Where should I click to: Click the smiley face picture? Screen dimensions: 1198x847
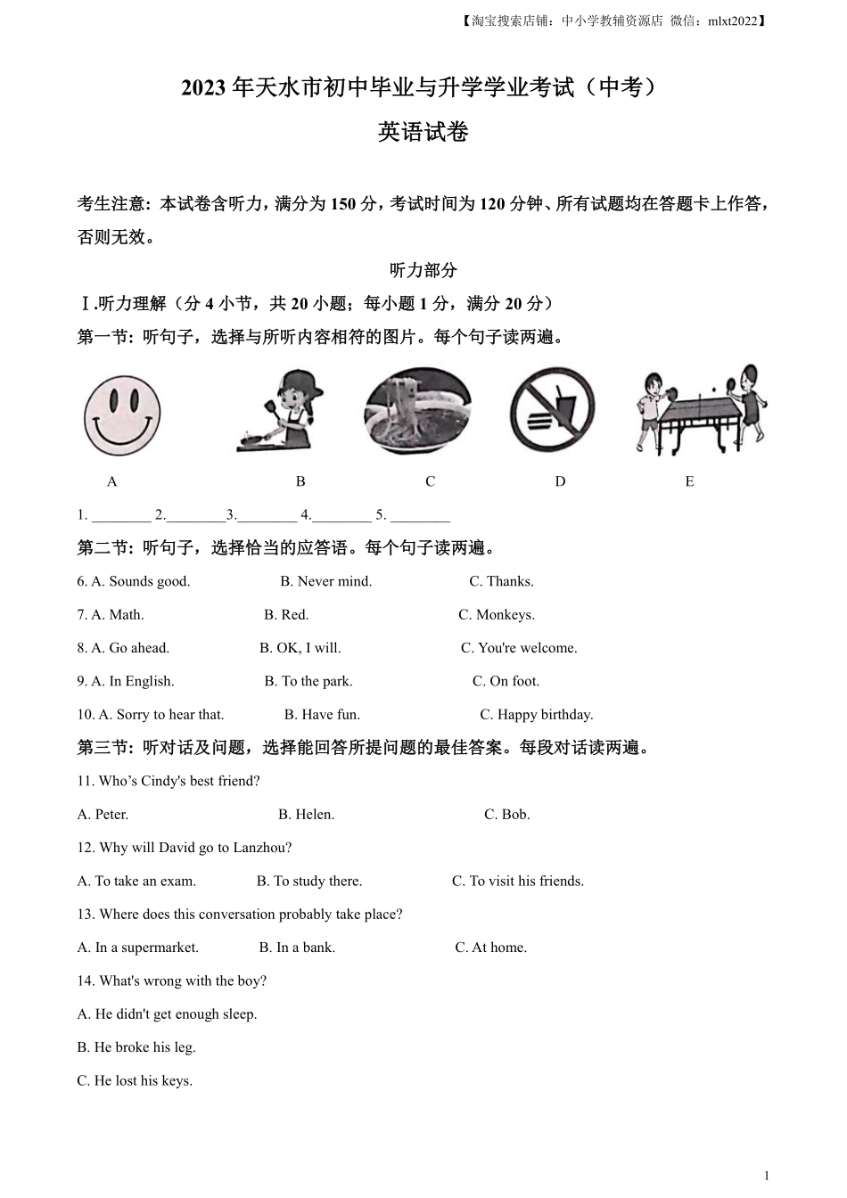122,415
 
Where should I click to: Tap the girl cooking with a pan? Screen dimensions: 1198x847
281,412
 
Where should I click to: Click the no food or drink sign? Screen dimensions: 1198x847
552,411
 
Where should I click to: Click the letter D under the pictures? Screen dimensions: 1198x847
560,481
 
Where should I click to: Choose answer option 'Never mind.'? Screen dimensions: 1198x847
325,581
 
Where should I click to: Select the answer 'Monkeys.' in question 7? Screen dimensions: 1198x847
497,615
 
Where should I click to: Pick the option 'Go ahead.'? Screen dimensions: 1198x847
130,648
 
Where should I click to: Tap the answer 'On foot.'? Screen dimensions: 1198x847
506,681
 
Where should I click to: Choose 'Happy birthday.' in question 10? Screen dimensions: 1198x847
536,715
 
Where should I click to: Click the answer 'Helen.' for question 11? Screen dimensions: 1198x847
306,815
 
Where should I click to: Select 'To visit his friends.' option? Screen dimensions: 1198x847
518,882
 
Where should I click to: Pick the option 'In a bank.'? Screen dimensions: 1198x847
297,948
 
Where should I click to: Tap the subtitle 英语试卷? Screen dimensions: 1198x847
423,133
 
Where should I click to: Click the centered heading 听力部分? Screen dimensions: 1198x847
423,270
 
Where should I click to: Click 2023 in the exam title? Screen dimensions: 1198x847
204,88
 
